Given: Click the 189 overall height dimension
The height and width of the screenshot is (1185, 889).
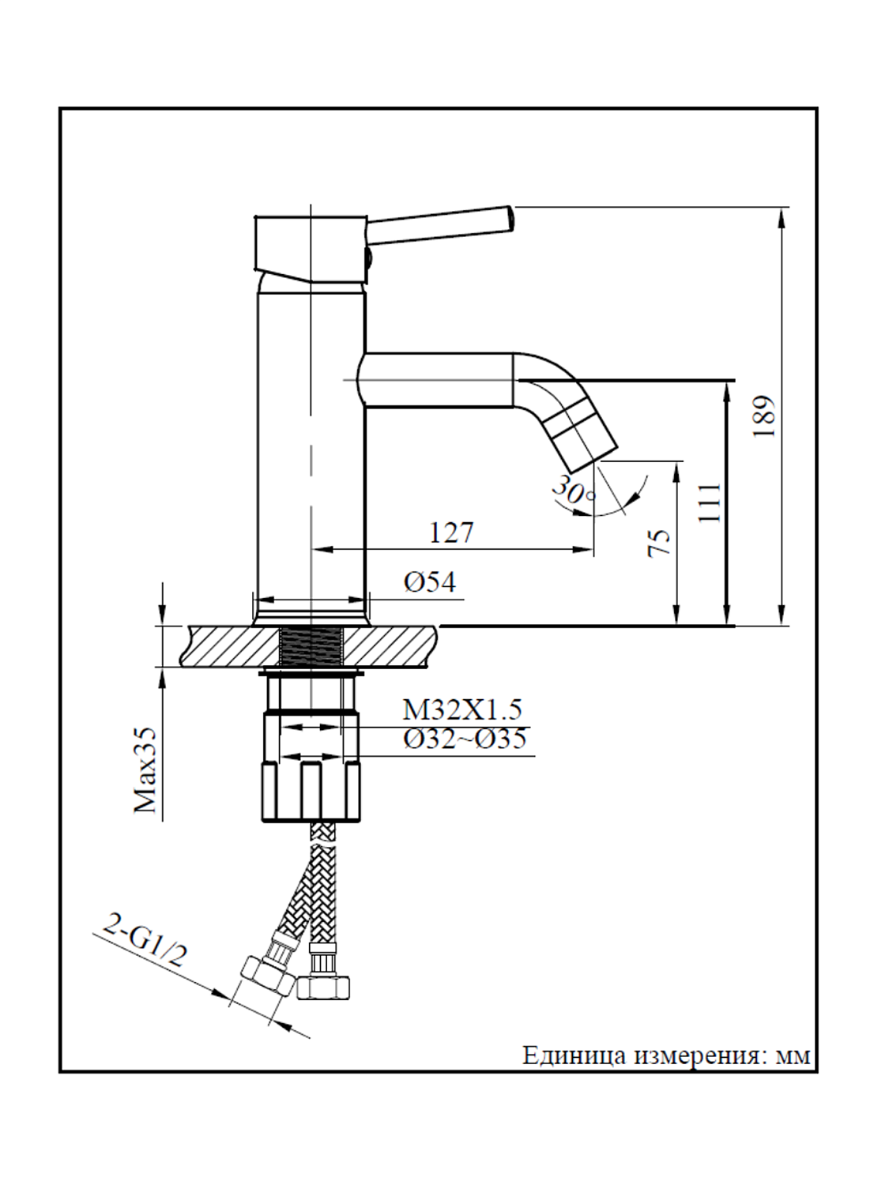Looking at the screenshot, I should pyautogui.click(x=763, y=416).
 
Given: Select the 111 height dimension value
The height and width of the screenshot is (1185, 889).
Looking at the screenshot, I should pyautogui.click(x=710, y=502).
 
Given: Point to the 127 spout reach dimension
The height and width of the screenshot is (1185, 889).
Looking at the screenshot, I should pyautogui.click(x=451, y=532).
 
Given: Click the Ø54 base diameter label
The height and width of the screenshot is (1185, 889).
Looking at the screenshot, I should pyautogui.click(x=430, y=582).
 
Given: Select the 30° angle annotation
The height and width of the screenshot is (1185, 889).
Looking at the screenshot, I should pyautogui.click(x=573, y=490).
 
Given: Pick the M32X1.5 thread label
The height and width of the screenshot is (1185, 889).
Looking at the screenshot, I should pyautogui.click(x=462, y=709).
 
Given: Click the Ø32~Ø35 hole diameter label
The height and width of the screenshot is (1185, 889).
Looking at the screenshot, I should pyautogui.click(x=465, y=739).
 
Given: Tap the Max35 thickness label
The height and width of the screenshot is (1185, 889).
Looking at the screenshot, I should pyautogui.click(x=145, y=770).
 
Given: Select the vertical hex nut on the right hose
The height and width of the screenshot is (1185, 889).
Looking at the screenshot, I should pyautogui.click(x=323, y=986).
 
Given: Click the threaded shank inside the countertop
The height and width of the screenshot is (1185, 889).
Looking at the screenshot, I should pyautogui.click(x=311, y=645).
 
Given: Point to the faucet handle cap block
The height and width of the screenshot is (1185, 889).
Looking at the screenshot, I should pyautogui.click(x=309, y=245).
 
